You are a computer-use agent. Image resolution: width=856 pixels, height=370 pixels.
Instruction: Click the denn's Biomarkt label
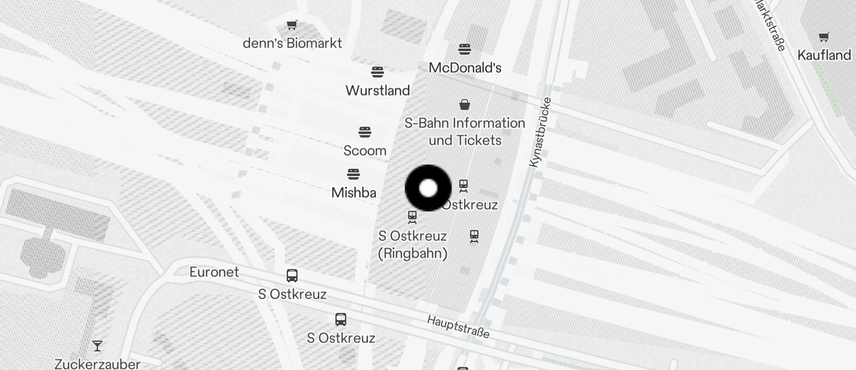click(x=292, y=43)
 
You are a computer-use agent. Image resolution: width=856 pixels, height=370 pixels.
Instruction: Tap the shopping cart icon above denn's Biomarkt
click(x=292, y=25)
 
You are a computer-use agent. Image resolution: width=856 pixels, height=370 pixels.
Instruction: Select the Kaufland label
click(x=824, y=55)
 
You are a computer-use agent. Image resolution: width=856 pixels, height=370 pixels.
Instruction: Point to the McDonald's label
click(x=465, y=68)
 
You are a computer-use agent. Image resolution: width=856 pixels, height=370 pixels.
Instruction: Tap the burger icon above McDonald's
click(x=465, y=49)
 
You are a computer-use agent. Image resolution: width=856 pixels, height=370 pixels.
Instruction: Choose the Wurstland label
click(x=378, y=91)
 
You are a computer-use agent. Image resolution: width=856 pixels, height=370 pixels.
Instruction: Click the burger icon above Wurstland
click(x=378, y=73)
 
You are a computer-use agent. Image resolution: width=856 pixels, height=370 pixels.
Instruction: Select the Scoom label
click(x=365, y=150)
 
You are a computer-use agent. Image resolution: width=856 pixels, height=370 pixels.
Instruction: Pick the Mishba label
click(x=353, y=193)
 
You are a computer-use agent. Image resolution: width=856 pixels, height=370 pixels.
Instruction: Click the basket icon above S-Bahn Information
click(x=465, y=105)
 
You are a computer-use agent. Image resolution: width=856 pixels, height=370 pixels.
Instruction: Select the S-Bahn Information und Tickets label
click(x=465, y=132)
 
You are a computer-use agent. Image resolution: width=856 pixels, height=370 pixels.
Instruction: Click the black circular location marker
click(x=428, y=188)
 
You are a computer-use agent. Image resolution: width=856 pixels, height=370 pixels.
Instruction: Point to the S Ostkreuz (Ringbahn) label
click(x=412, y=244)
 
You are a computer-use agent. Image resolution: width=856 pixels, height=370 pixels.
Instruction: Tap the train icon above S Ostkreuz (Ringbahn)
click(x=412, y=217)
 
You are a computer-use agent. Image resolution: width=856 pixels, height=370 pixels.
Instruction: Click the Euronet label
click(x=214, y=272)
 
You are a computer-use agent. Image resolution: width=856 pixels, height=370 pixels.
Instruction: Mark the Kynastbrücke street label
click(x=539, y=132)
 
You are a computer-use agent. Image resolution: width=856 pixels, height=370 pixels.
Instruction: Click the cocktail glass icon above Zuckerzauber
click(x=97, y=346)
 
